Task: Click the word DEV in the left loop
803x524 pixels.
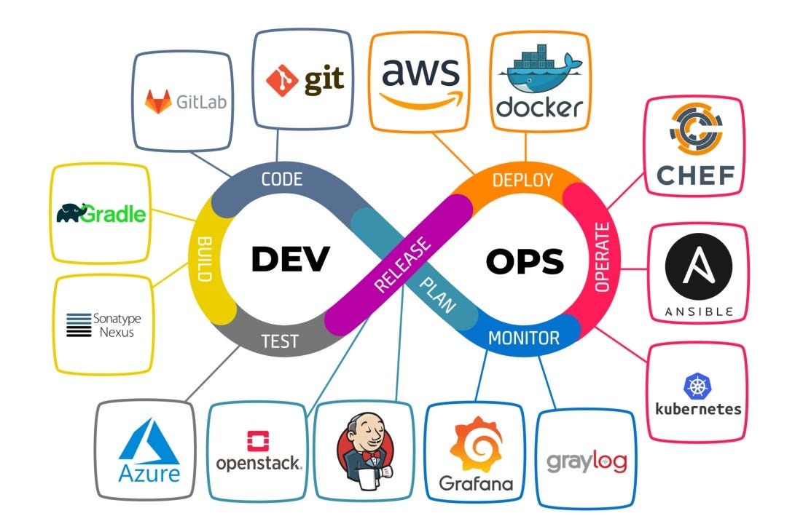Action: pos(291,258)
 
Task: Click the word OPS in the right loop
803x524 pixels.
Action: pos(525,261)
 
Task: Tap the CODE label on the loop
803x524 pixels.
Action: pos(281,179)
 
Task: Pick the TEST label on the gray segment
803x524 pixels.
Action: pos(280,340)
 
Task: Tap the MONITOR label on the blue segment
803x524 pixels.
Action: pos(523,338)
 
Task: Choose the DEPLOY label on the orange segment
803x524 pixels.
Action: pos(522,180)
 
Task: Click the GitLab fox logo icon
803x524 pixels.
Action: pos(158,102)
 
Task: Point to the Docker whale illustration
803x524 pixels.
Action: pos(538,69)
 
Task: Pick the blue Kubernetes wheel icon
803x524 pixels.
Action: pos(697,385)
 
